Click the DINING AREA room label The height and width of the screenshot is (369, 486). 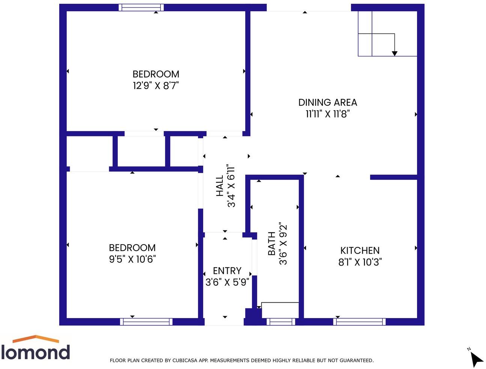327,102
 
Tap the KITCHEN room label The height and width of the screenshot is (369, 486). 360,250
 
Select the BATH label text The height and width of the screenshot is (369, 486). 272,244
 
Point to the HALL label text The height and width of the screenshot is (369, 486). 220,186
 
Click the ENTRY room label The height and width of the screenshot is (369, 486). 227,270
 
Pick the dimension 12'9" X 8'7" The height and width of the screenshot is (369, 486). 156,86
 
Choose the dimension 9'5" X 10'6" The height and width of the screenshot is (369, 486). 132,259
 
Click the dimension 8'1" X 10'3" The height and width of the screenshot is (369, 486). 360,262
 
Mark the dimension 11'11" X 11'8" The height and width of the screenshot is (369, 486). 327,114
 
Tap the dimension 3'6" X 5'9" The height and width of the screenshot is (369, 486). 227,282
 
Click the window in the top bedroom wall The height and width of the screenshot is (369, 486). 141,7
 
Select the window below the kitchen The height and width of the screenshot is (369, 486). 359,321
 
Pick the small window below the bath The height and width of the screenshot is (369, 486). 280,321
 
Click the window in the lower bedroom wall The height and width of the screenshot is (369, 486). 146,321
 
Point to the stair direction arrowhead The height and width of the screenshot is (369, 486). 394,54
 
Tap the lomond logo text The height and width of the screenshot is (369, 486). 36,353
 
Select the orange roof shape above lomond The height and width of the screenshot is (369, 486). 36,339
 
